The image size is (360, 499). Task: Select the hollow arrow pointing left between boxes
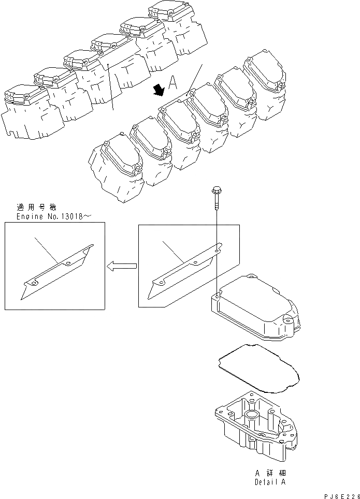121,266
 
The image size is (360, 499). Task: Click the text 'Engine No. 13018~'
47,215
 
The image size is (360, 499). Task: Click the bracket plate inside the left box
57,270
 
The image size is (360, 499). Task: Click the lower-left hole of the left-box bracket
32,284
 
